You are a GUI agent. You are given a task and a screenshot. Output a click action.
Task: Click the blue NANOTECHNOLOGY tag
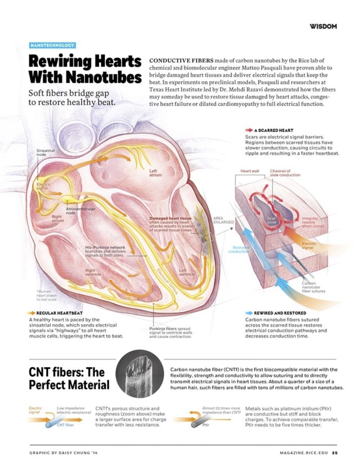pos(52,45)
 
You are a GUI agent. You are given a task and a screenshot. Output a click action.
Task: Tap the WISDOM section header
pos(323,26)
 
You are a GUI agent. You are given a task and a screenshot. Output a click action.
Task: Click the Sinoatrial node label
pos(46,152)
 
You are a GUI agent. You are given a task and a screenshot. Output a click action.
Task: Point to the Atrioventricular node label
pos(80,211)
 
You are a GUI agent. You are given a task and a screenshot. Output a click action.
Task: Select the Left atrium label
pos(155,173)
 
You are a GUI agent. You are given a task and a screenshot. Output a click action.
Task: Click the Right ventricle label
pos(90,272)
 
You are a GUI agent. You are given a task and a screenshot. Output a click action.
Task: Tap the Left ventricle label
pos(187,272)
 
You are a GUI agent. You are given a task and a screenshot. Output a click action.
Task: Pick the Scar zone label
pos(271,220)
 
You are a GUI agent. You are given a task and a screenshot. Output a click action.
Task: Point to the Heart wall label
pos(250,171)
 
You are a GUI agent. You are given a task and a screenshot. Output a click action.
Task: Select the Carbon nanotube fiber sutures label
pos(313,287)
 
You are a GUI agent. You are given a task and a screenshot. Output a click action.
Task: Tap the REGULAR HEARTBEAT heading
pos(60,313)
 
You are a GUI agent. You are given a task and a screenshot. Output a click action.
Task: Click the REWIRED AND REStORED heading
pos(280,313)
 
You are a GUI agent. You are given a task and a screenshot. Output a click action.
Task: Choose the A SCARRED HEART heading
pos(276,130)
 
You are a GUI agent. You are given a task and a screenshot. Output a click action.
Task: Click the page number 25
pos(335,453)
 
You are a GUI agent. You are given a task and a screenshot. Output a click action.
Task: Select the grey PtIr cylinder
pos(196,425)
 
